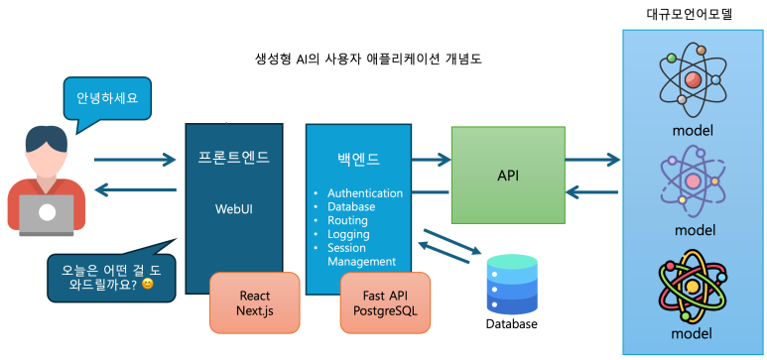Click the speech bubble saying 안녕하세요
106,98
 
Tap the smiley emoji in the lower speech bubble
148,285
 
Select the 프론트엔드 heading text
234,157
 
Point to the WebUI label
234,209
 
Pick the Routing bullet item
347,220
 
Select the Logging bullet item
347,234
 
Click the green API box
508,176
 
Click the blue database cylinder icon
512,284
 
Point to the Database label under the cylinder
512,324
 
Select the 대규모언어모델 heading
694,13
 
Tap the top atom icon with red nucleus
694,80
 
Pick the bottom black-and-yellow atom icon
694,287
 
